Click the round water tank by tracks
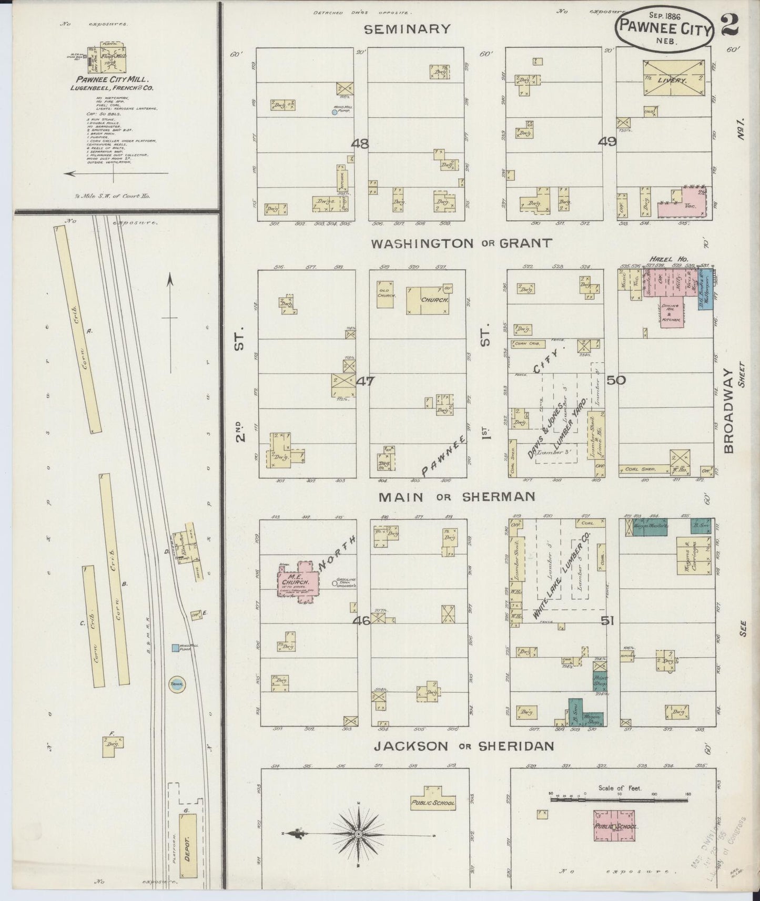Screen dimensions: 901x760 click(x=175, y=684)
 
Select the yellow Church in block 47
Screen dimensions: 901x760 click(x=428, y=300)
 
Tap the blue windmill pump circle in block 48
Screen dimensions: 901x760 click(x=334, y=112)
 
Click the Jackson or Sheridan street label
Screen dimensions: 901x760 click(x=463, y=745)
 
